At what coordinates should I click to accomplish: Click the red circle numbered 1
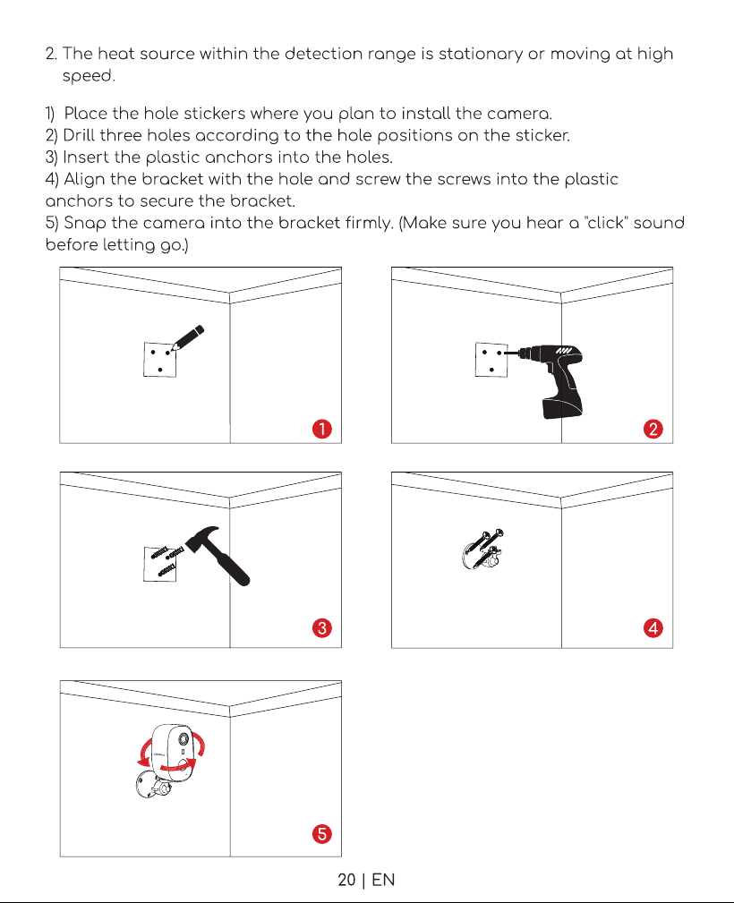tap(322, 429)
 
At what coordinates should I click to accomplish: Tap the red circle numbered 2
tap(653, 429)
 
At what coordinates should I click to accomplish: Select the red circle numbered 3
tap(322, 627)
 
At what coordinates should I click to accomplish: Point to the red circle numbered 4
tap(653, 627)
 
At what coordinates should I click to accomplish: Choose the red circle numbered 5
tap(322, 833)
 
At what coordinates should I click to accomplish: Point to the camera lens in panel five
tap(183, 739)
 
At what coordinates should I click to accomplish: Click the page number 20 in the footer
tap(346, 880)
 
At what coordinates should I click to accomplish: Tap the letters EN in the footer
tap(383, 880)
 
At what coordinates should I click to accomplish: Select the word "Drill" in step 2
tap(79, 135)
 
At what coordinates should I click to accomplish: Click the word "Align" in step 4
tap(85, 180)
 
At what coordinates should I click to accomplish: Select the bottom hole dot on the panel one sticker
tap(160, 370)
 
